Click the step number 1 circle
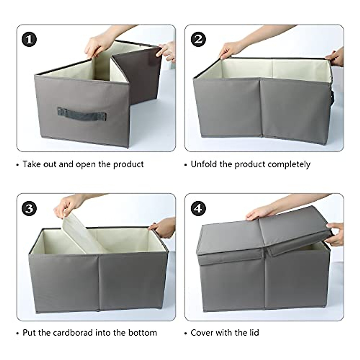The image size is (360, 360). click(29, 40)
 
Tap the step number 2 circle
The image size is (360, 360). click(198, 40)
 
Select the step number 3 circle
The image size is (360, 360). click(29, 208)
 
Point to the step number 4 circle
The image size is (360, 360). click(198, 208)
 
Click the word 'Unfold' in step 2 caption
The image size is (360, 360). click(204, 164)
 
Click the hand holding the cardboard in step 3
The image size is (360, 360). click(67, 205)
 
